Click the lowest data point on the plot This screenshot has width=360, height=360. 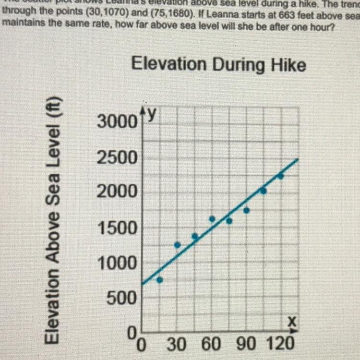coord(160,280)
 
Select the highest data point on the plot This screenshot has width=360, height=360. coord(281,176)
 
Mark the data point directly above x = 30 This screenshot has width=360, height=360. coord(177,245)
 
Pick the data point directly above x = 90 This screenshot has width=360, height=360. coord(246,210)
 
